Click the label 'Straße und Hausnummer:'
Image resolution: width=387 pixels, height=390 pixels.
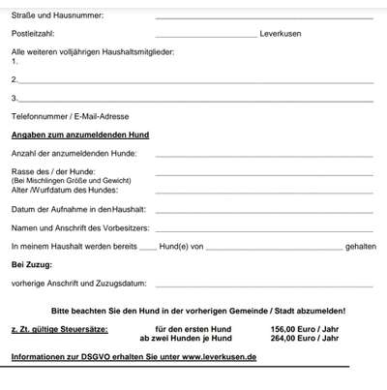click(57, 15)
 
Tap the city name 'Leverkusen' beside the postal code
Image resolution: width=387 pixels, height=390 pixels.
click(283, 33)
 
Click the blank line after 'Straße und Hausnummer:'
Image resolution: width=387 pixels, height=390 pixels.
click(263, 17)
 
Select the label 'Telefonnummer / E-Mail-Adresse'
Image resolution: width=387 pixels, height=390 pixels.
click(69, 116)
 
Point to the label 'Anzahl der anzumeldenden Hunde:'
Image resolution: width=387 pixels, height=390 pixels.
click(74, 153)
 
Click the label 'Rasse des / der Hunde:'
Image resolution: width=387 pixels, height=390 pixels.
click(54, 171)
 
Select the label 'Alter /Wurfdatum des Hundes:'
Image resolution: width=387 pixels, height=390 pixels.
click(69, 190)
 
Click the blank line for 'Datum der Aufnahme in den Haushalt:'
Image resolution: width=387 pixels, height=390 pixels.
click(263, 211)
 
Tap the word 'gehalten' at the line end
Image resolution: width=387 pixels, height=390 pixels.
click(360, 247)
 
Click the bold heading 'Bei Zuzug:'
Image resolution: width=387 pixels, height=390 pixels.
click(31, 264)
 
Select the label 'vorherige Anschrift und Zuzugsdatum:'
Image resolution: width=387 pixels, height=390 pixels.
click(78, 284)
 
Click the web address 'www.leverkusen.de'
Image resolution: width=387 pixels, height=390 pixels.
click(219, 357)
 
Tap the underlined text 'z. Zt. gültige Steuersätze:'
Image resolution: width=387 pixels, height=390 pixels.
click(56, 330)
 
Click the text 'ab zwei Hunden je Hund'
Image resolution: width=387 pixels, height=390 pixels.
click(186, 339)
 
